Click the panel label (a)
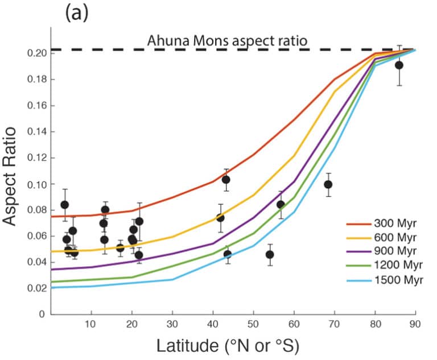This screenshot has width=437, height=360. (x=77, y=13)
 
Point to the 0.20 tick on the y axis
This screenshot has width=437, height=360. (x=36, y=53)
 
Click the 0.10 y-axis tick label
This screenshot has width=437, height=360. (x=36, y=184)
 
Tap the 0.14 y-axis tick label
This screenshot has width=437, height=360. (x=36, y=132)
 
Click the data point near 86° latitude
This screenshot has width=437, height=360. (x=399, y=65)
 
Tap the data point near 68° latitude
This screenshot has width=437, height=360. (x=328, y=184)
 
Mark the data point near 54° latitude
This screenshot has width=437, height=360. (x=270, y=254)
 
